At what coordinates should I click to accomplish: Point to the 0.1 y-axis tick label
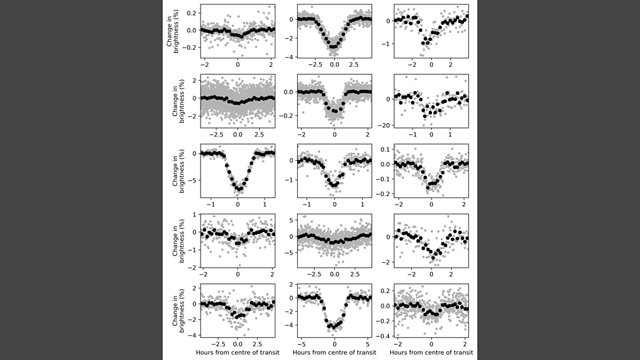point(386,150)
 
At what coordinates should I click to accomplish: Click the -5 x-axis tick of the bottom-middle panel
point(301,343)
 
